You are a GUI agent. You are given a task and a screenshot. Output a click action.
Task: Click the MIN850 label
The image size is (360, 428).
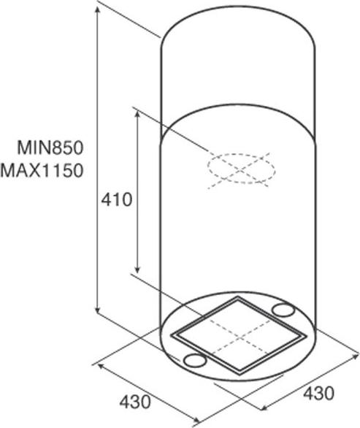(x=50, y=148)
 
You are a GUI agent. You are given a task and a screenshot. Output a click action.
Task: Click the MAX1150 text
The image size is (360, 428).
(x=42, y=170)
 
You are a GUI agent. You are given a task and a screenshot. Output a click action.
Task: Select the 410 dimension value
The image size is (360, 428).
(x=117, y=199)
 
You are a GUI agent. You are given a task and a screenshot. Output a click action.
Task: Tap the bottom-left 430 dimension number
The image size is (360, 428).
(x=135, y=402)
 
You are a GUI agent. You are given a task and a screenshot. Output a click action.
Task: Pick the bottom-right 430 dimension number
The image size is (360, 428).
(x=318, y=394)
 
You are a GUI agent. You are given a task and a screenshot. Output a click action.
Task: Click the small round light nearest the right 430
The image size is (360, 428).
(x=283, y=310)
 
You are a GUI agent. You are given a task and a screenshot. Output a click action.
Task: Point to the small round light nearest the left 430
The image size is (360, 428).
(x=194, y=360)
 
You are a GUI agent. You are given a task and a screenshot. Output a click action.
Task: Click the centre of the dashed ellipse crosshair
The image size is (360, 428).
(x=240, y=170)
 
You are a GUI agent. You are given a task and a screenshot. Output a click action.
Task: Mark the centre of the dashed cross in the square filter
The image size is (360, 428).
(x=240, y=338)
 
